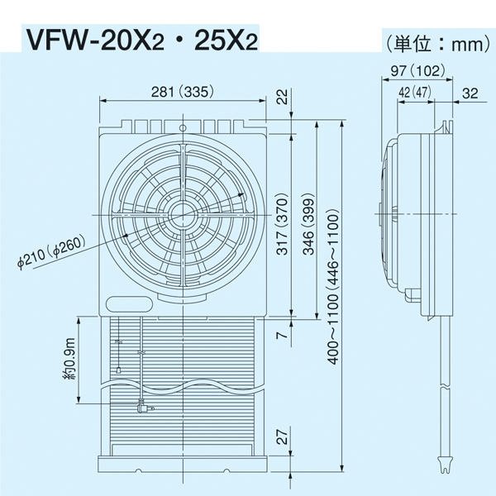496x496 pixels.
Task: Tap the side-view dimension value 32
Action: pos(471,93)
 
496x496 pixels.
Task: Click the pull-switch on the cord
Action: pos(142,407)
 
